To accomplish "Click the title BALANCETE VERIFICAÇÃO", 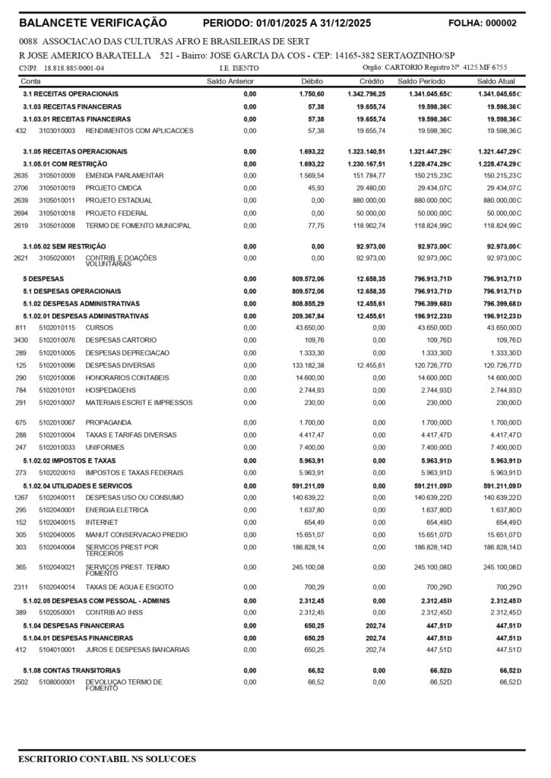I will coord(97,24).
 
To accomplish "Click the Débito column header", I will coord(312,81).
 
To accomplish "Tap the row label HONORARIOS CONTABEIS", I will coord(126,378).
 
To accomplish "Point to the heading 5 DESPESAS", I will coord(43,279).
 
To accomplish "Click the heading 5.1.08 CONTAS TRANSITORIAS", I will coord(71,671).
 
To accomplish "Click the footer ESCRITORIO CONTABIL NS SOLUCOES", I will coord(107,758).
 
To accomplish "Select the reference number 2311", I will coord(21,587).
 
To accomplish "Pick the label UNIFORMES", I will coord(104,448).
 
